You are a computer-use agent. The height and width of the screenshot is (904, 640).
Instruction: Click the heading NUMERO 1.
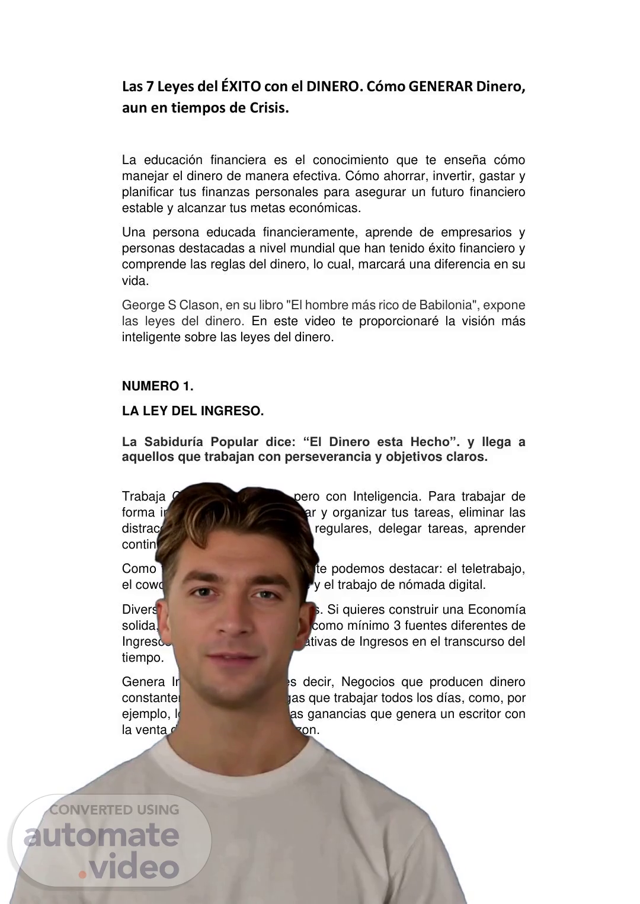coord(158,386)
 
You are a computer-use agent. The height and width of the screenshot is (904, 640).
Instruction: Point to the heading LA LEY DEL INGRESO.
coord(193,411)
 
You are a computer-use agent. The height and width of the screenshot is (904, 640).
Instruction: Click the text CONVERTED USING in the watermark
coord(114,809)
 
